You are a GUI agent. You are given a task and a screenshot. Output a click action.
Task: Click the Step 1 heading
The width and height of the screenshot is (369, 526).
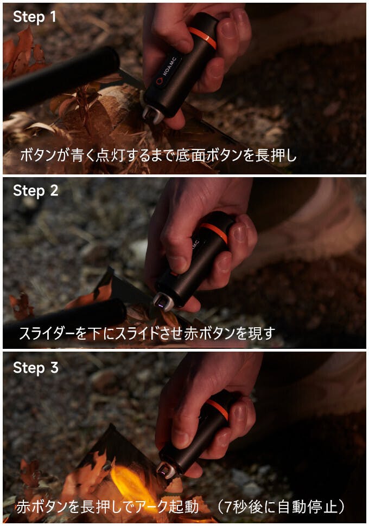click(34, 17)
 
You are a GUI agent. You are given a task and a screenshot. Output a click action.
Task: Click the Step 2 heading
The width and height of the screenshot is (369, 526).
click(36, 191)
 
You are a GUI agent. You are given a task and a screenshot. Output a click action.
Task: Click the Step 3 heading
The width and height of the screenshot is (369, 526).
click(36, 368)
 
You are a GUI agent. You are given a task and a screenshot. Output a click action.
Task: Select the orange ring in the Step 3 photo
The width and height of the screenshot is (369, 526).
click(218, 408)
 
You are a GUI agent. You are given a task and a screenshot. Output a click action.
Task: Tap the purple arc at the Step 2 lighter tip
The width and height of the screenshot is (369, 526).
click(161, 306)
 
